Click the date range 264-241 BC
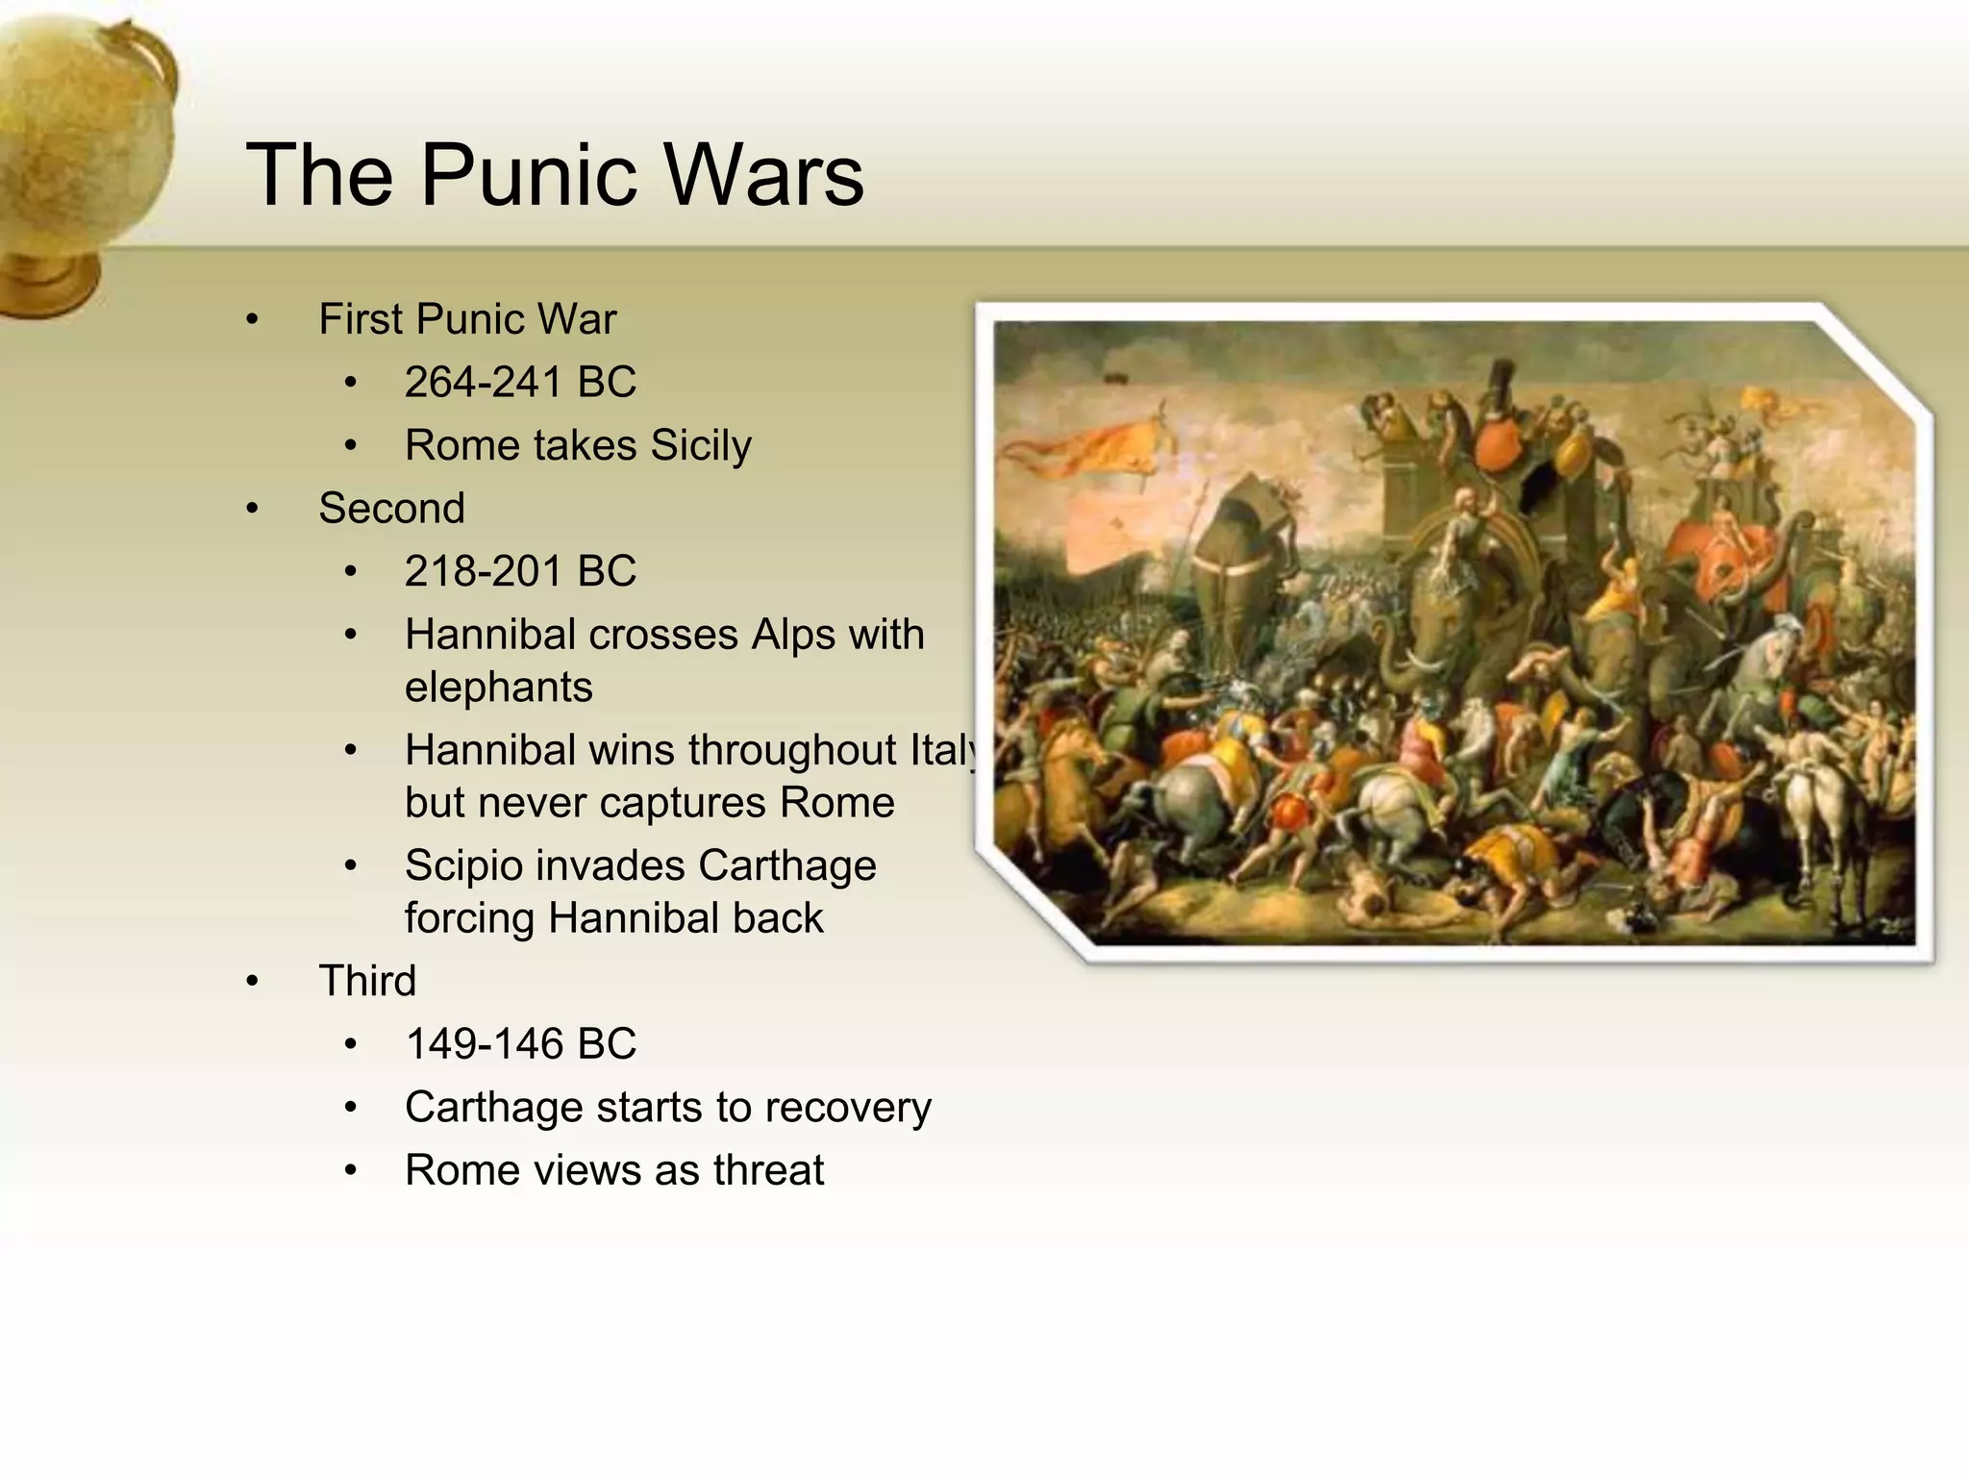point(520,382)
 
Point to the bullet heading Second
point(391,508)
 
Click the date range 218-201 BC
point(520,571)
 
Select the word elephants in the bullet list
point(498,688)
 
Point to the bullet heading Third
point(367,981)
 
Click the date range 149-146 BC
point(520,1044)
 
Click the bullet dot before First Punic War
point(252,320)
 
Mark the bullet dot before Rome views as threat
point(351,1171)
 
